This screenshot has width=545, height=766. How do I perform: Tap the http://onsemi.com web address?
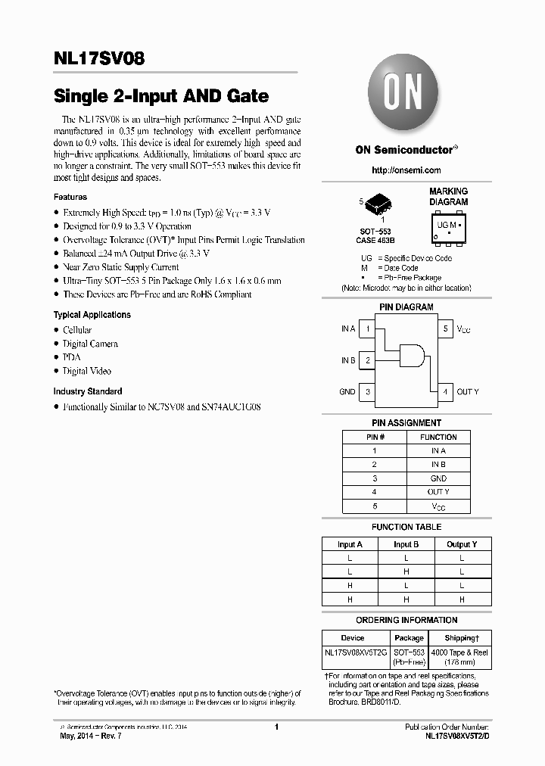click(x=406, y=170)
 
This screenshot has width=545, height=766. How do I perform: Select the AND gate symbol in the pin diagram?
click(x=410, y=354)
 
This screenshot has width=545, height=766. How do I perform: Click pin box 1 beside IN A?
click(x=367, y=329)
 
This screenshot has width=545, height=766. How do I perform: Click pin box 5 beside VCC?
click(x=445, y=329)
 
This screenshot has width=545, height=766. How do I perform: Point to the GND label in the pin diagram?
click(x=347, y=392)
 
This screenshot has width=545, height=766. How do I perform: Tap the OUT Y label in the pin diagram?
click(x=467, y=392)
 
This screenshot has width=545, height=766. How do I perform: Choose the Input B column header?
click(x=406, y=544)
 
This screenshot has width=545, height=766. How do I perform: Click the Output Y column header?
click(x=461, y=544)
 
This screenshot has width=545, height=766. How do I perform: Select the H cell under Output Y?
click(x=461, y=599)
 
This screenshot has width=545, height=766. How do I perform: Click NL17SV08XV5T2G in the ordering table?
click(x=355, y=652)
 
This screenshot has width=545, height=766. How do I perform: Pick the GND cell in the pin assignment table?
click(x=438, y=478)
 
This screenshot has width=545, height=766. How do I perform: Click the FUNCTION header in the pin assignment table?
click(x=438, y=437)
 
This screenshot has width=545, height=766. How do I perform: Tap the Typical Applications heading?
click(x=92, y=315)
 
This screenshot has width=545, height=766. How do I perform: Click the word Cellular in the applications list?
click(x=77, y=330)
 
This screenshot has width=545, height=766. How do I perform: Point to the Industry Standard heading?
click(x=87, y=391)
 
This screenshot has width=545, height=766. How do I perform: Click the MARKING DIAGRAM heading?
click(x=448, y=197)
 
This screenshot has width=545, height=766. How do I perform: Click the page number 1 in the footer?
click(x=276, y=727)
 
